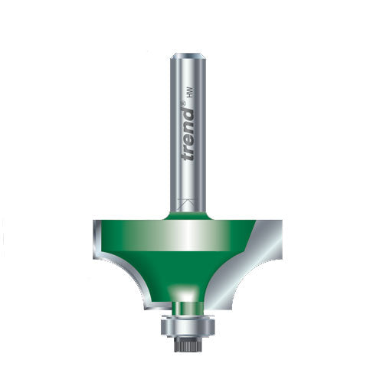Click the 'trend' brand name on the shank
tap(189, 134)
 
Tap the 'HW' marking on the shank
tap(190, 92)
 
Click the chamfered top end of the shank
tap(188, 57)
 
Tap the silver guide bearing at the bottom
tap(188, 326)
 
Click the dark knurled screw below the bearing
tap(188, 345)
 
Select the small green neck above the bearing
tap(188, 308)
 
